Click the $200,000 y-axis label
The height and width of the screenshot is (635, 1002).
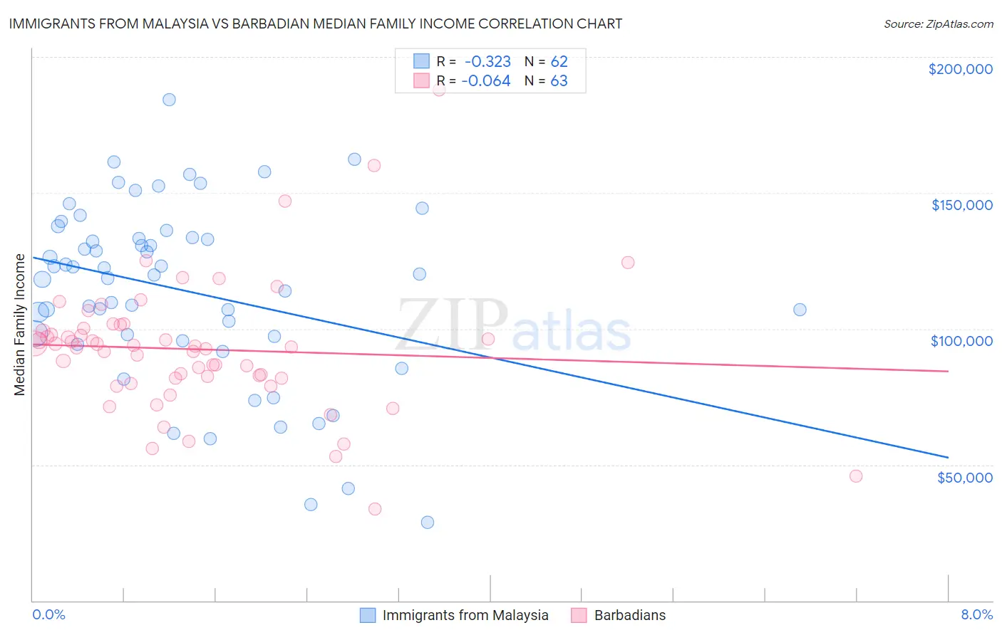(960, 69)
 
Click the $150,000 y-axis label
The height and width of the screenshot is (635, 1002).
(961, 205)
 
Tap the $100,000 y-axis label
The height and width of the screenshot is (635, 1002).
(961, 341)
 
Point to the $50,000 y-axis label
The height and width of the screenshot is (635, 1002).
(964, 477)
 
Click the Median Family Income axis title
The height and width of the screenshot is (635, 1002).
(20, 325)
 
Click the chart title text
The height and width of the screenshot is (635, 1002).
(315, 23)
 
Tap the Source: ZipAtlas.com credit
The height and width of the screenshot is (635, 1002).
(938, 24)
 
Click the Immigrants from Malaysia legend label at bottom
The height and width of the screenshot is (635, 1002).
(465, 615)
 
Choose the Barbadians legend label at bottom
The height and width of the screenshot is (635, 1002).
(630, 615)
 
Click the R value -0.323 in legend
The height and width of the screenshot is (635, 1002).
(487, 61)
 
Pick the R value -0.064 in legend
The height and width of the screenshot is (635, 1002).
(486, 81)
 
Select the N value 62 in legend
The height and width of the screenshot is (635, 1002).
(559, 61)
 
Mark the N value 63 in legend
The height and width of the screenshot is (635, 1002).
(559, 81)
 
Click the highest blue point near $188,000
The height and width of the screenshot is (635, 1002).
(169, 100)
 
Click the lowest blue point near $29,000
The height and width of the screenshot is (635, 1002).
(428, 523)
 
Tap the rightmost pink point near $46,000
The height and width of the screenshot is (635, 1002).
(856, 476)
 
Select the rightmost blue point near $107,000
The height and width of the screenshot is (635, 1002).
(800, 310)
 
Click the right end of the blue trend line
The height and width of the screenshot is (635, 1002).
(948, 457)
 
